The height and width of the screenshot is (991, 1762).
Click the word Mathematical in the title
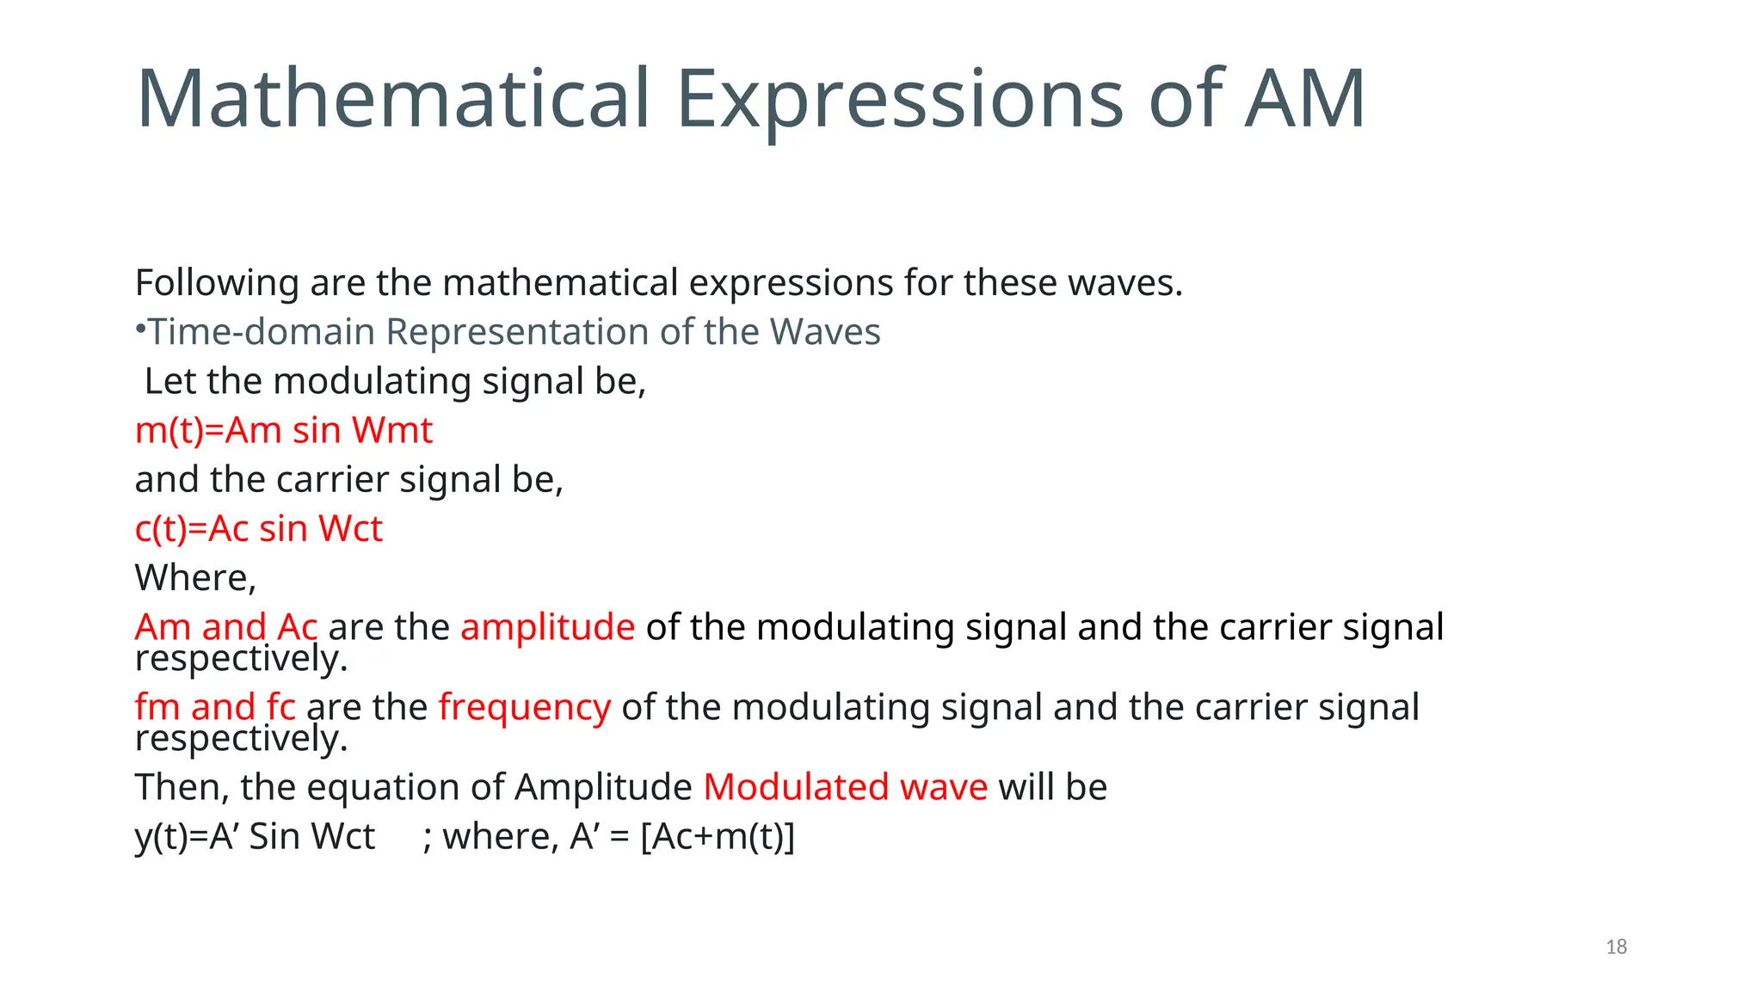392,100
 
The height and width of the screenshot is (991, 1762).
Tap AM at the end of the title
1305,100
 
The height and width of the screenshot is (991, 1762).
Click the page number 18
1616,947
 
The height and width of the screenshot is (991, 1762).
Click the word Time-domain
262,332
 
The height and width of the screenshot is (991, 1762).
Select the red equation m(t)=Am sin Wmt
283,430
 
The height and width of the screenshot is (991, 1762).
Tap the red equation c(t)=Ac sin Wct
258,529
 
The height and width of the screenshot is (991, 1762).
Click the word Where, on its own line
195,578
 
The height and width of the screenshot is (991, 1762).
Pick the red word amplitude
547,627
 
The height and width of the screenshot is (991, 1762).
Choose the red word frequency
524,707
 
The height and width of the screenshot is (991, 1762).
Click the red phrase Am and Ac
226,627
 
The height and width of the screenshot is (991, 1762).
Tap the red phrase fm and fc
215,707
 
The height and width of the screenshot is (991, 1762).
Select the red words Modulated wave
845,787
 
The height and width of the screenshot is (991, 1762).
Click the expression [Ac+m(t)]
718,836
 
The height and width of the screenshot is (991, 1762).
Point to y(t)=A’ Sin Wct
255,836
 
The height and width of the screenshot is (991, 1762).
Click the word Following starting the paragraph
217,283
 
